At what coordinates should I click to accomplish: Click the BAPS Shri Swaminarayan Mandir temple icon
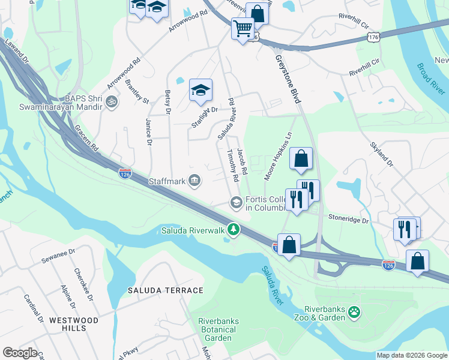(x=110, y=102)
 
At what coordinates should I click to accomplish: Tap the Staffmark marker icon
(x=194, y=180)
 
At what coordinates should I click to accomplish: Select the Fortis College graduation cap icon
(x=237, y=203)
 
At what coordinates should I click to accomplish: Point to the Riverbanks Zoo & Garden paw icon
(x=355, y=312)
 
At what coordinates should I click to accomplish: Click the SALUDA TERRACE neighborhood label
(x=165, y=290)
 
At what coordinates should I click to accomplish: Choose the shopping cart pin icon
(x=243, y=28)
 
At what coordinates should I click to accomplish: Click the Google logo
(x=20, y=353)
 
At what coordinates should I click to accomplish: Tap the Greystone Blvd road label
(x=287, y=79)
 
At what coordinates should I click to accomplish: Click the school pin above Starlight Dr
(x=201, y=91)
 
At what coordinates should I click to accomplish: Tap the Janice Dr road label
(x=148, y=131)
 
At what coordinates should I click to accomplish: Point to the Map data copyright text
(x=412, y=355)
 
